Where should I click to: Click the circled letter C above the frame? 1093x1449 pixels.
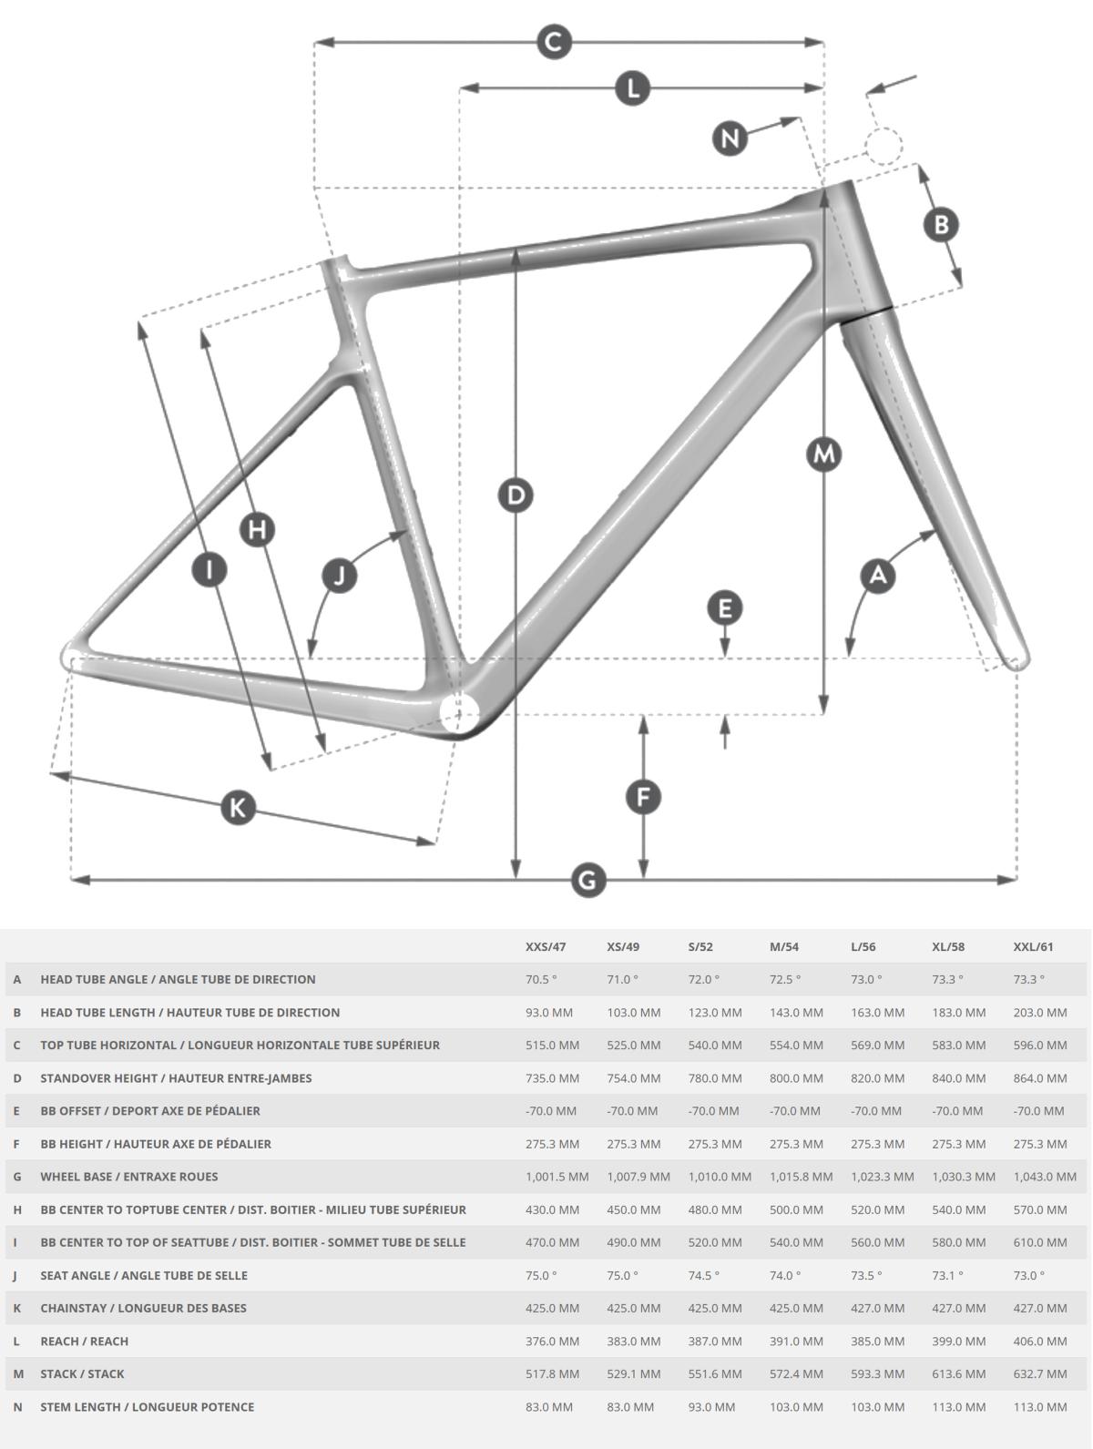point(554,42)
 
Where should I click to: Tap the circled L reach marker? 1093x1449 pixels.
point(632,87)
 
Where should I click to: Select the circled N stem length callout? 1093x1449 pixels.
point(730,138)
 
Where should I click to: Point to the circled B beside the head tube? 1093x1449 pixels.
point(941,224)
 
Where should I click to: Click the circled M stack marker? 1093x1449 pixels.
point(823,454)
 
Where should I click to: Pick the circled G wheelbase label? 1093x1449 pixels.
point(587,880)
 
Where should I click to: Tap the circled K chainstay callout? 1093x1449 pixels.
point(238,807)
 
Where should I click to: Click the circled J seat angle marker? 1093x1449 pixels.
point(339,575)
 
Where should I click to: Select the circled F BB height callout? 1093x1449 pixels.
point(644,797)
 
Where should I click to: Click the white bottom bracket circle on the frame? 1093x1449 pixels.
point(459,714)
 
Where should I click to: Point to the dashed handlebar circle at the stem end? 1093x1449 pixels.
point(884,145)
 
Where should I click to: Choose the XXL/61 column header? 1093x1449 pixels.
point(1033,946)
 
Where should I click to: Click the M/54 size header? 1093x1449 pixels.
point(783,946)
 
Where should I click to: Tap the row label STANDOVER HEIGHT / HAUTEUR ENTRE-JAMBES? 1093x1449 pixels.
point(176,1078)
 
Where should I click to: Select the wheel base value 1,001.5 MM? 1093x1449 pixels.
point(557,1177)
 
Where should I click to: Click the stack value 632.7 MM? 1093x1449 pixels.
point(1039,1373)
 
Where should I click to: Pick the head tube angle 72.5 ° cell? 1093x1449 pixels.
point(785,980)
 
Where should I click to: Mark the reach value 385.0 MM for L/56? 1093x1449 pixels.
point(877,1341)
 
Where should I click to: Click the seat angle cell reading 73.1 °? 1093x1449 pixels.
point(947,1275)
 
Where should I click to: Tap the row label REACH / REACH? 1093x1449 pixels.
point(85,1341)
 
